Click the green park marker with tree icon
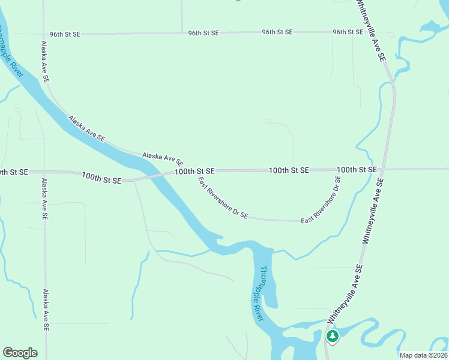332,336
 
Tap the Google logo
20,353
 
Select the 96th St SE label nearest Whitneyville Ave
348,32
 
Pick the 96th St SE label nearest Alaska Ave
65,34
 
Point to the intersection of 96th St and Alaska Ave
43,34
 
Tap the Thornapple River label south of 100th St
258,293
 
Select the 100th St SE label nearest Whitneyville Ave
357,170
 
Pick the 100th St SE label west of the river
101,178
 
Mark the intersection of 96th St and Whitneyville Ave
364,32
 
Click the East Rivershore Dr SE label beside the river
223,197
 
